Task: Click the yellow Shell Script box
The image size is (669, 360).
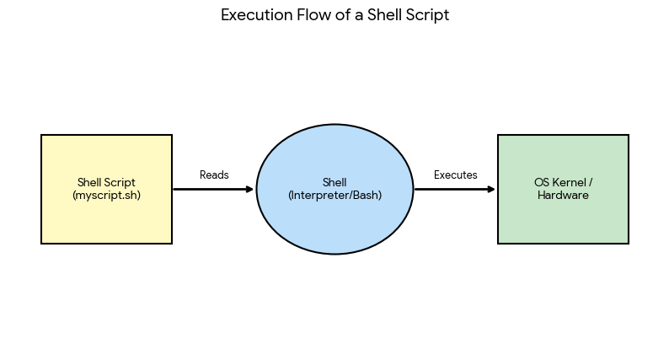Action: click(x=107, y=189)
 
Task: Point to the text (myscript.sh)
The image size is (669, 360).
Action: click(x=107, y=195)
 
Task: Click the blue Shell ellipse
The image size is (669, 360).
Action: click(x=335, y=189)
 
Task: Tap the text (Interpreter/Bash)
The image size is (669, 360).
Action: click(x=335, y=195)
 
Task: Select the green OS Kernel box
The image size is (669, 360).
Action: click(x=563, y=189)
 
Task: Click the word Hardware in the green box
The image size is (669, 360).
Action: click(x=563, y=195)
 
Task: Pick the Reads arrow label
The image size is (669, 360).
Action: click(x=214, y=175)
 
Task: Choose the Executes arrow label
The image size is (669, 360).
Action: click(x=456, y=175)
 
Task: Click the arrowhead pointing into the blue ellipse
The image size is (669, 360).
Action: click(x=250, y=189)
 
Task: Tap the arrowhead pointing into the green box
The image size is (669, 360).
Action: click(x=492, y=189)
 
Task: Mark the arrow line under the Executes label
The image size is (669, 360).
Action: click(x=455, y=189)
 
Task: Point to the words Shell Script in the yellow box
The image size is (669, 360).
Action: click(x=107, y=183)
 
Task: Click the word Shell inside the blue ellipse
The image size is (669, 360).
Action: click(x=334, y=182)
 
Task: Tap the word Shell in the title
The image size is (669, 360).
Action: click(x=384, y=15)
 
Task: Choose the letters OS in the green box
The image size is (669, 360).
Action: click(x=542, y=183)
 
